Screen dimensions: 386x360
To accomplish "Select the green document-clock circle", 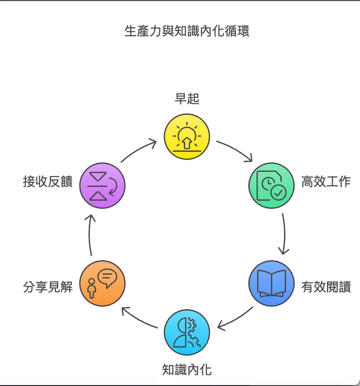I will [x=271, y=185].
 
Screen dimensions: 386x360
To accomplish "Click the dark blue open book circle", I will [x=271, y=283].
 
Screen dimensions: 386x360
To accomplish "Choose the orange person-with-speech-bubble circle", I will [x=102, y=283].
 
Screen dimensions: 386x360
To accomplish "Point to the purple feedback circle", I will [x=102, y=185].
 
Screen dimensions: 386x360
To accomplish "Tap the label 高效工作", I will [x=325, y=182].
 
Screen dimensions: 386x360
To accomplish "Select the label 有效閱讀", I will [x=325, y=287].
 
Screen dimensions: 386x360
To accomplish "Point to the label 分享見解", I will [x=48, y=287].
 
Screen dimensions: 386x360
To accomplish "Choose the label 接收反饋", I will [x=48, y=182].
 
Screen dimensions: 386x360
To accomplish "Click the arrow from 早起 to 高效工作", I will [x=235, y=150].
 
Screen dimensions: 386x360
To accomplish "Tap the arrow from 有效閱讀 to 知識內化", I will [x=235, y=318].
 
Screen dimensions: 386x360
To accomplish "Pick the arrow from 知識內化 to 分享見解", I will [x=139, y=318].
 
